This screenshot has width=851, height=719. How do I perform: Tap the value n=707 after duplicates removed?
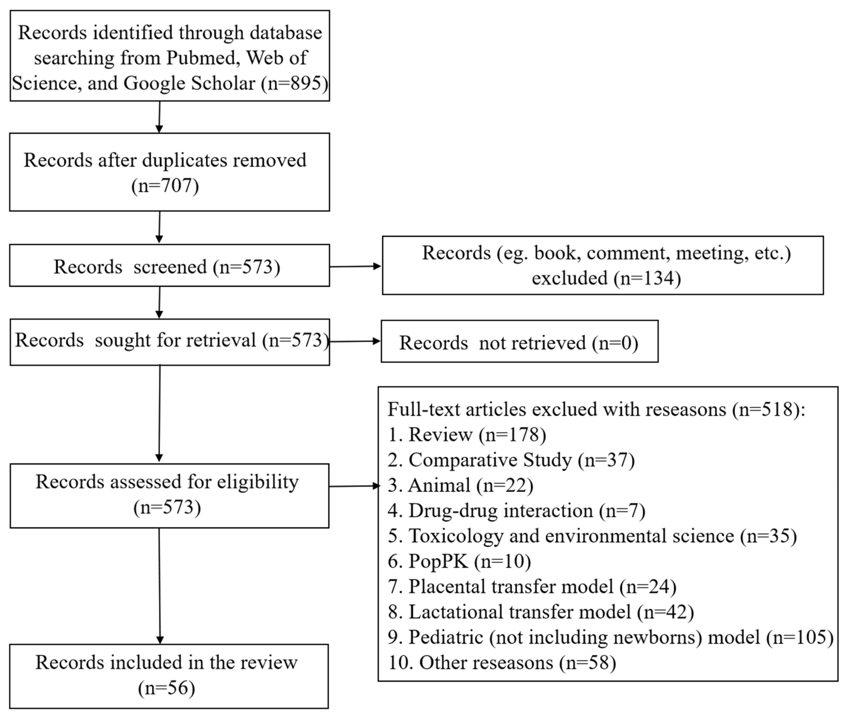165,186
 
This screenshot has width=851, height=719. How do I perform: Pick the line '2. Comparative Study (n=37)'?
511,460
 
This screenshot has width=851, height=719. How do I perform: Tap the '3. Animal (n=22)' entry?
460,486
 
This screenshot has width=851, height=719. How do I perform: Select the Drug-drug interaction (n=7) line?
516,511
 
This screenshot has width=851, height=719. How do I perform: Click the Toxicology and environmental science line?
592,536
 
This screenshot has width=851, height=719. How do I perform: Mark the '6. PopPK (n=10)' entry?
459,561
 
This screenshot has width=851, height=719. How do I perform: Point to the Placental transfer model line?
532,587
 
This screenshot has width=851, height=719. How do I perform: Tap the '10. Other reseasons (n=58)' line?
502,662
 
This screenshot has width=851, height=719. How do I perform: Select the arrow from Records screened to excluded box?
355,267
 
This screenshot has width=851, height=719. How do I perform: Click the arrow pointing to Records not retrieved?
355,342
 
